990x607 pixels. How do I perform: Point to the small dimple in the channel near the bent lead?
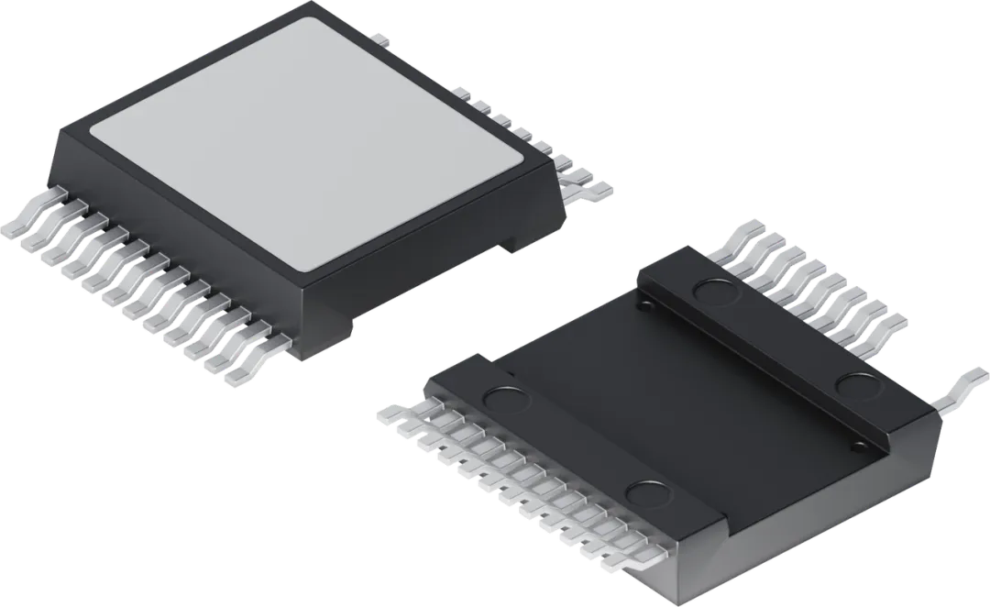coord(858,447)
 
